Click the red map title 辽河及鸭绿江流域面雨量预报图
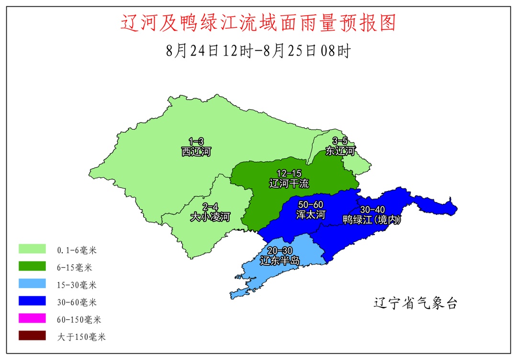click(x=258, y=22)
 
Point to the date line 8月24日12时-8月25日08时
click(x=258, y=50)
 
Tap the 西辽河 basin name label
click(x=196, y=152)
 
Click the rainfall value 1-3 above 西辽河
click(x=196, y=142)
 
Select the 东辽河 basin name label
click(x=340, y=151)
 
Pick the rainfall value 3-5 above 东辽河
click(x=340, y=141)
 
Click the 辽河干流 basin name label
click(x=289, y=183)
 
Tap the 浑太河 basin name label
click(x=310, y=214)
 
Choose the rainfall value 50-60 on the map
click(x=310, y=205)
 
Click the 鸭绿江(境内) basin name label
click(x=372, y=220)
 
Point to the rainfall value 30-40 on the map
click(x=372, y=210)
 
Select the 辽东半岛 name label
click(x=280, y=261)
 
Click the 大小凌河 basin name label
click(x=210, y=217)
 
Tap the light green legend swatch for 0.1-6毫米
click(x=32, y=249)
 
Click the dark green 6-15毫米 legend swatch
click(x=32, y=266)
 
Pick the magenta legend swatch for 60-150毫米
click(x=32, y=318)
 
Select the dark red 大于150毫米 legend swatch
click(x=32, y=336)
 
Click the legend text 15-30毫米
click(x=77, y=285)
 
